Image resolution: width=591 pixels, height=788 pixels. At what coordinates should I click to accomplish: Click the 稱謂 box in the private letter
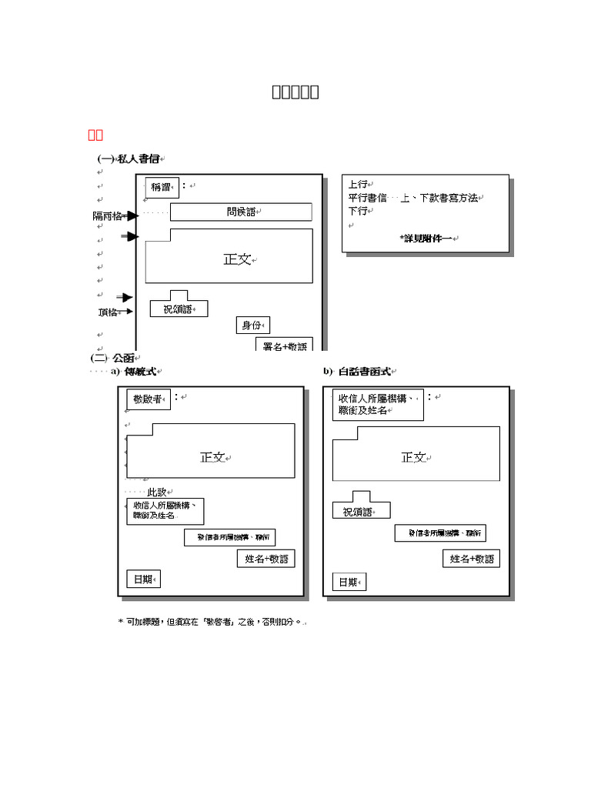(x=162, y=187)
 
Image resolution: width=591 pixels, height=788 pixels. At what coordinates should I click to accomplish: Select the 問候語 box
(x=241, y=212)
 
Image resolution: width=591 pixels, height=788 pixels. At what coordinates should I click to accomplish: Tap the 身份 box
(x=252, y=326)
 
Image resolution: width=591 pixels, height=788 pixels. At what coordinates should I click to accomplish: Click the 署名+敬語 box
(x=284, y=346)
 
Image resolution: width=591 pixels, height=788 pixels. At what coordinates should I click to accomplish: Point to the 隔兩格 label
(x=108, y=216)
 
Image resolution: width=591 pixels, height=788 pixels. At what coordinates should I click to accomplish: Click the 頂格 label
(x=108, y=312)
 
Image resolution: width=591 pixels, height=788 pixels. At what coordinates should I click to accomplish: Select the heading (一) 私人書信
(x=129, y=159)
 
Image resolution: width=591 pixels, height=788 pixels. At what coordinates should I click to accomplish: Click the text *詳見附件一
(x=428, y=239)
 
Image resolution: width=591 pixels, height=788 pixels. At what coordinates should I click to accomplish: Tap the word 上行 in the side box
(x=359, y=185)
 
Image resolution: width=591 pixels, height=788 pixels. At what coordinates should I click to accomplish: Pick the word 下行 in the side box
(x=359, y=211)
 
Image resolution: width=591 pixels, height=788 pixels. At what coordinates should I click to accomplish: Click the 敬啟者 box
(x=148, y=399)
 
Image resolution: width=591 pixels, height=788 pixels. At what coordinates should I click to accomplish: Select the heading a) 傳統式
(x=134, y=371)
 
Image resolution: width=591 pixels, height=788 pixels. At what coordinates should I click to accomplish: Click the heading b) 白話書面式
(x=359, y=371)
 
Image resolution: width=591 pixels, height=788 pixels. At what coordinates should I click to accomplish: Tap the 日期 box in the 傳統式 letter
(x=144, y=579)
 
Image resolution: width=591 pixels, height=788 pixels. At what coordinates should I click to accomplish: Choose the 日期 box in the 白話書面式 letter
(x=349, y=582)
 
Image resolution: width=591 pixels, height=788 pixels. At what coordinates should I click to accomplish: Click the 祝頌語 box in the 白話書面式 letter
(x=361, y=511)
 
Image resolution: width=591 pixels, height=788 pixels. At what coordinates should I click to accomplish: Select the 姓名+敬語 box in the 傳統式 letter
(x=265, y=559)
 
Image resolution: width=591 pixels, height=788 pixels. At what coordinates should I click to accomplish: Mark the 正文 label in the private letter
(x=238, y=260)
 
